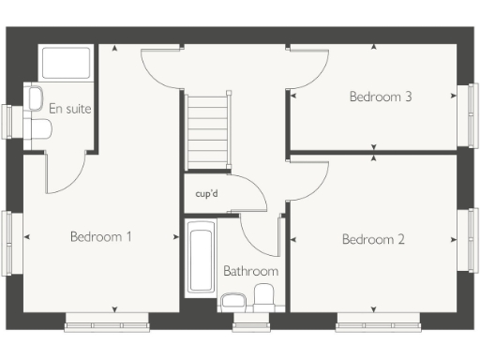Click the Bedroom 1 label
tap(100, 237)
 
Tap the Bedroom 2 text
tap(373, 240)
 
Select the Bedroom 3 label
tap(381, 97)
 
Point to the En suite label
tap(70, 110)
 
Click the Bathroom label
tap(250, 272)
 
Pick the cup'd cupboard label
tap(206, 195)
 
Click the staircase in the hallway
tap(208, 129)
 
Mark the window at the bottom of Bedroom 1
tap(107, 325)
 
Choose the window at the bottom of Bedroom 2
tap(379, 325)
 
